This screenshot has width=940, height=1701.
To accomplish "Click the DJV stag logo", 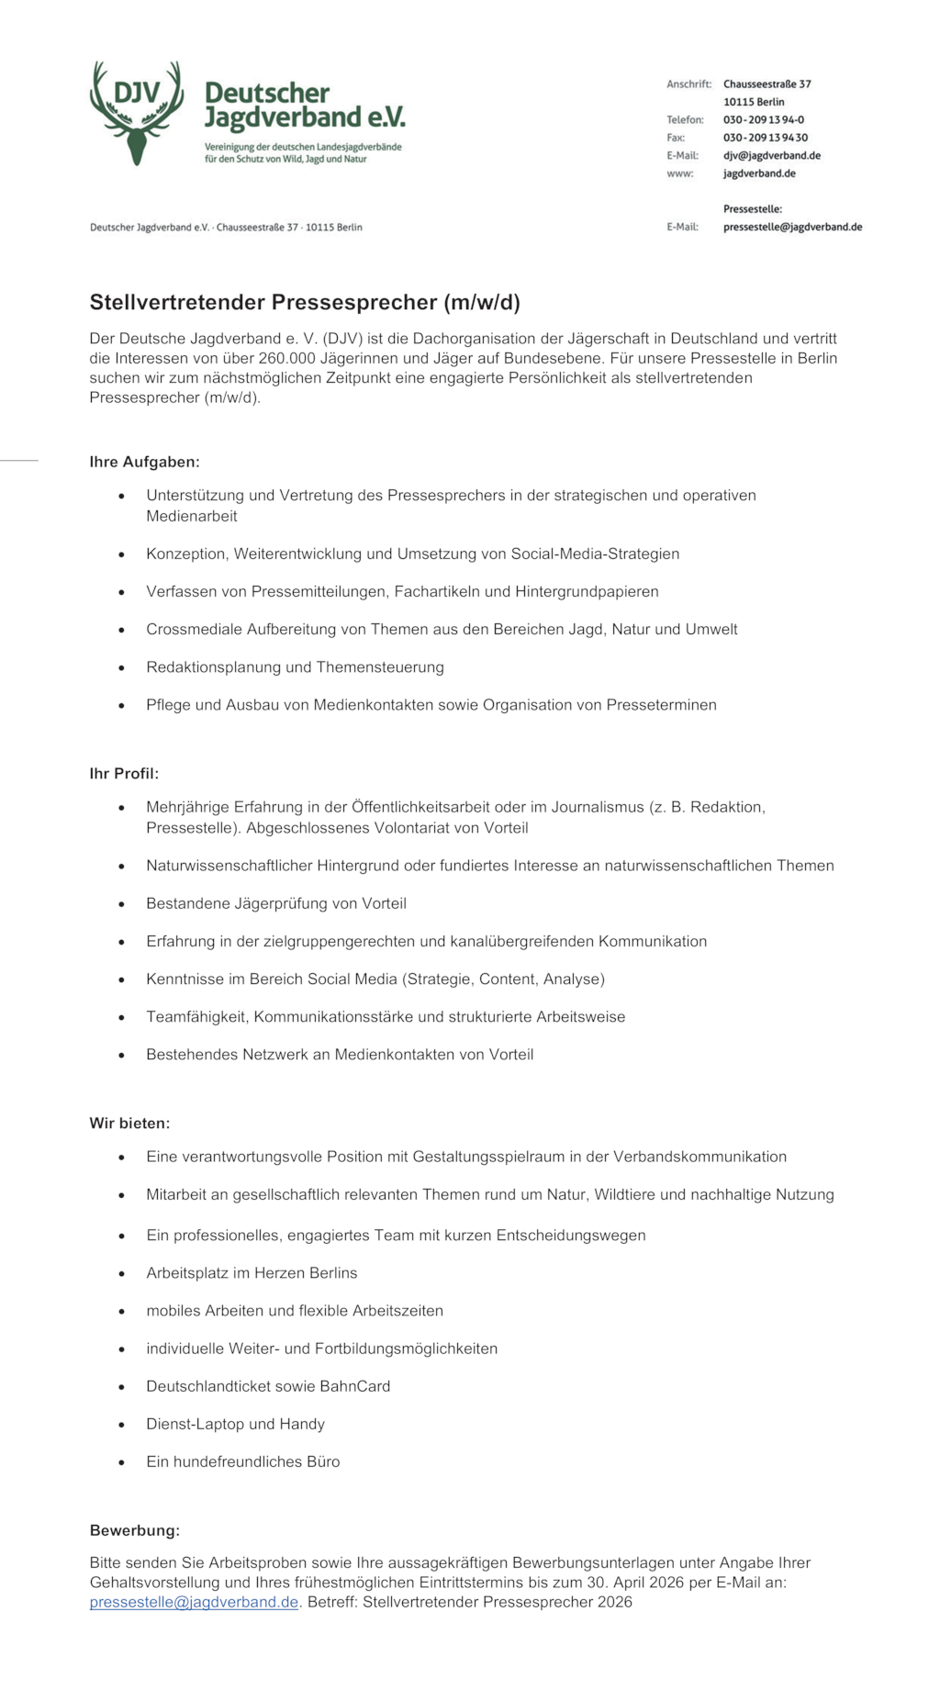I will (x=137, y=113).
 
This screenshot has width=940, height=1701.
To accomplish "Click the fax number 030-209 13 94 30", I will (x=765, y=138).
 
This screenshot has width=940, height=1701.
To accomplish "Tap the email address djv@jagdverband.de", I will (x=771, y=155).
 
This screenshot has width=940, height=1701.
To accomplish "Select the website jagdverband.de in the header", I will (x=758, y=173).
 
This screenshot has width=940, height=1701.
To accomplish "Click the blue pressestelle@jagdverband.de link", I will (x=194, y=1602).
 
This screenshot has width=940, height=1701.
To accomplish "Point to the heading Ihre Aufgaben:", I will (x=144, y=462).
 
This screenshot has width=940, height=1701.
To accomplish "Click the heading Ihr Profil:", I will (x=124, y=774).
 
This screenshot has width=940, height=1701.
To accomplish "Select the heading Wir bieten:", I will (x=129, y=1123).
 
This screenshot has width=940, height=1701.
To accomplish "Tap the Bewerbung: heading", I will (x=134, y=1530).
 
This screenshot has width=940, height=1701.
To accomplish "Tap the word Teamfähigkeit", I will (x=196, y=1017).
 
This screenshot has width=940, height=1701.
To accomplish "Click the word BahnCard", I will (x=354, y=1386).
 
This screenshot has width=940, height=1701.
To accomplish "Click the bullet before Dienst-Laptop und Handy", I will (x=121, y=1425).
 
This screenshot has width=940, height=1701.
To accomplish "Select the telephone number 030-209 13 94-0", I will (x=763, y=119).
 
